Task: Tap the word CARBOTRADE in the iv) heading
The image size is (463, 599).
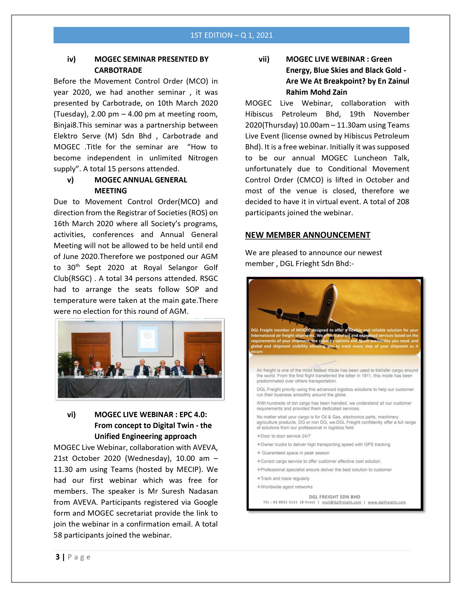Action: pyautogui.click(x=118, y=70)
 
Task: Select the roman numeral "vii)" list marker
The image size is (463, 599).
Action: pyautogui.click(x=264, y=59)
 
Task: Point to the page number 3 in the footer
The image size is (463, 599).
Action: pyautogui.click(x=58, y=557)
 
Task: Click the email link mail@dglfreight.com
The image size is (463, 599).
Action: pyautogui.click(x=342, y=502)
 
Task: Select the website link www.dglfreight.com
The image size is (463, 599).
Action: pyautogui.click(x=387, y=502)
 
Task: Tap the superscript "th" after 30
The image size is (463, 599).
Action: pyautogui.click(x=78, y=265)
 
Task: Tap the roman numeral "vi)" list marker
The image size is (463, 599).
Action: pyautogui.click(x=71, y=415)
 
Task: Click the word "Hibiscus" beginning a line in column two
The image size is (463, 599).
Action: pyautogui.click(x=259, y=114)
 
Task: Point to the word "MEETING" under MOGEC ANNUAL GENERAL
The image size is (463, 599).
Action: pyautogui.click(x=111, y=191)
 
